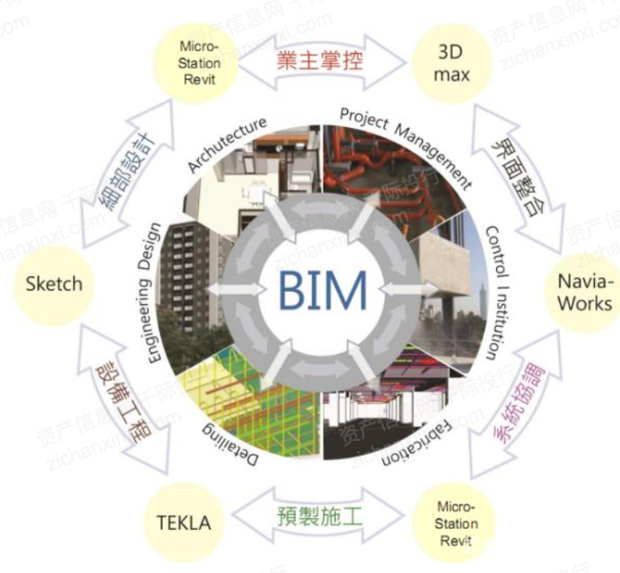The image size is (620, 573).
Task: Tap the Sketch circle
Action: click(x=54, y=284)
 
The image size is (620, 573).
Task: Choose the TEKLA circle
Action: click(x=183, y=522)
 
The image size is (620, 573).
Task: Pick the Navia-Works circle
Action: click(x=584, y=292)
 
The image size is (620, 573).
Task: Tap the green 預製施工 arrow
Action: click(x=319, y=517)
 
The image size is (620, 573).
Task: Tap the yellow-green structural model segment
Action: click(x=244, y=391)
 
